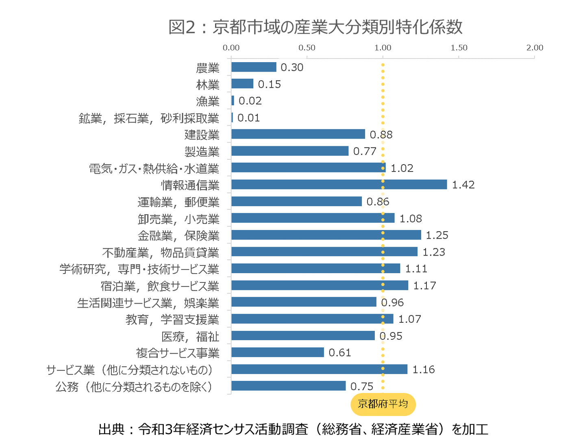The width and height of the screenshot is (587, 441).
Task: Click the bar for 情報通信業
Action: [339, 185]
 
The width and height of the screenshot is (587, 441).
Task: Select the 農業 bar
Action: [254, 67]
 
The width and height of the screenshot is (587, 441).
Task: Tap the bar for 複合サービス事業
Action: [278, 352]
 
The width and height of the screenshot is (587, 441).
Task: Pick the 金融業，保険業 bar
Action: [326, 235]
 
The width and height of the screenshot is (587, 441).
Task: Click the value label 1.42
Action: [463, 185]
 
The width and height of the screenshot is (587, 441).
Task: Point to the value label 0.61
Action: [339, 353]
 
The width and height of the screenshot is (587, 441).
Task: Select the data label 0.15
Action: [269, 84]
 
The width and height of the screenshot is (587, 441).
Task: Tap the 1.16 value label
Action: [423, 369]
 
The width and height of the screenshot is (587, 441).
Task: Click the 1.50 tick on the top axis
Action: [459, 48]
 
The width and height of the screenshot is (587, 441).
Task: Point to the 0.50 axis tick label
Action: [307, 48]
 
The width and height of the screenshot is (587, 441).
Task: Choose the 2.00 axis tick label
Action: [535, 48]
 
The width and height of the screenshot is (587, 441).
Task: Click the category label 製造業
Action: [202, 152]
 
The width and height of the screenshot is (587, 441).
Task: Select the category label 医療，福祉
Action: [190, 336]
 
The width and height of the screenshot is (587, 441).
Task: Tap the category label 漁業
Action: [207, 101]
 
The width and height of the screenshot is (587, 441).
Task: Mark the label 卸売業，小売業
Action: [178, 219]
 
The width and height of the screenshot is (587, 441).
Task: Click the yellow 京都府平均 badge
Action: [383, 404]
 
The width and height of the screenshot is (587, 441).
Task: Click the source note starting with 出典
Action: [293, 429]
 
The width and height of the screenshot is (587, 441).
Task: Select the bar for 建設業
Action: [298, 134]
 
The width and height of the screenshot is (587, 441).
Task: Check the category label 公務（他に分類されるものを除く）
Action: [134, 387]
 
